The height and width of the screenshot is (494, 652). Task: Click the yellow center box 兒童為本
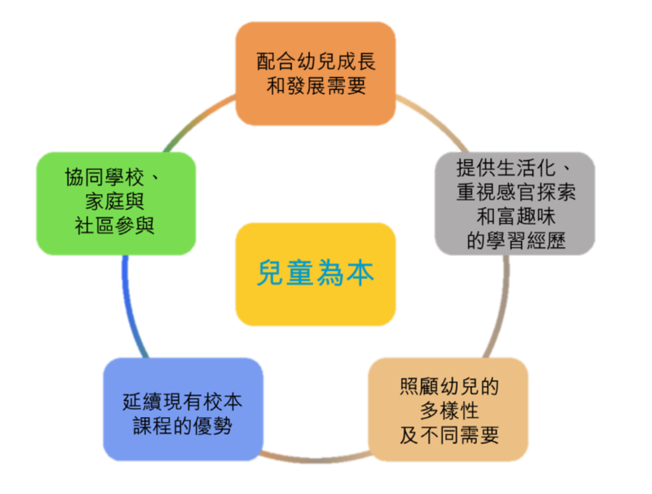pyautogui.click(x=315, y=274)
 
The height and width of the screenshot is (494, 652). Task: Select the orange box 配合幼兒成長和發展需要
pyautogui.click(x=316, y=73)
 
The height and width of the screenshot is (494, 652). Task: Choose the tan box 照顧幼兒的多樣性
pyautogui.click(x=449, y=409)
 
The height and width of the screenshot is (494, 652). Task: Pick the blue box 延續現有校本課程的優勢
pyautogui.click(x=183, y=409)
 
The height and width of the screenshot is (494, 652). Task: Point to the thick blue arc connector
pyautogui.click(x=131, y=306)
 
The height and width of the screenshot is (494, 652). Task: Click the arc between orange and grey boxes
pyautogui.click(x=433, y=118)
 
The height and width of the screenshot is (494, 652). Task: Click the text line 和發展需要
pyautogui.click(x=316, y=85)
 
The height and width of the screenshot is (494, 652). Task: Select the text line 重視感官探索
pyautogui.click(x=516, y=192)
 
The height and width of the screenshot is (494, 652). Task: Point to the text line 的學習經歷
pyautogui.click(x=516, y=241)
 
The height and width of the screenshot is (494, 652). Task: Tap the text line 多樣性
pyautogui.click(x=449, y=410)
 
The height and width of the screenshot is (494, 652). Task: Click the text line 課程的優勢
pyautogui.click(x=183, y=426)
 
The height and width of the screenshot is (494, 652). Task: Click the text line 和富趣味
pyautogui.click(x=516, y=216)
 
